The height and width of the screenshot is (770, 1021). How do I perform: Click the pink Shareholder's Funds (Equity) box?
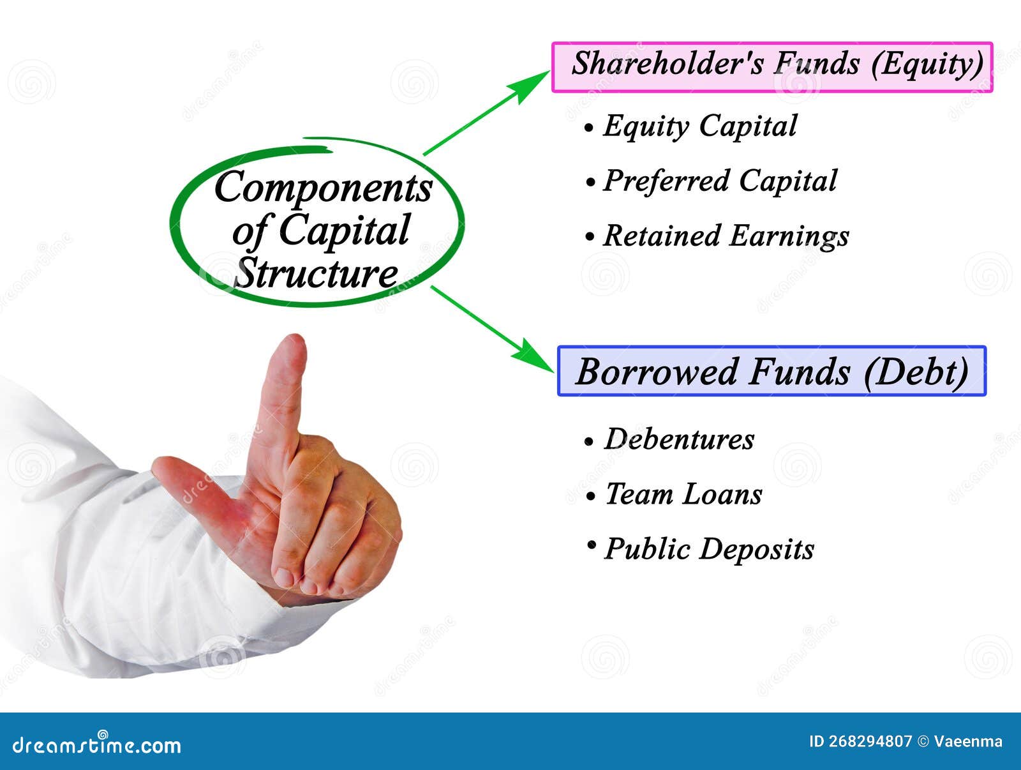pos(772,68)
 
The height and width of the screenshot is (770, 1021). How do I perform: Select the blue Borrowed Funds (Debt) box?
pos(771,371)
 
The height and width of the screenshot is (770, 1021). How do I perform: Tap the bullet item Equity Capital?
pos(690,126)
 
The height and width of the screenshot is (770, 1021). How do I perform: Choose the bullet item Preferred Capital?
pos(712,181)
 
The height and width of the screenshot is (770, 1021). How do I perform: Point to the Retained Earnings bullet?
pos(717,236)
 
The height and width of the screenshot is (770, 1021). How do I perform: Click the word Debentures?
pos(679,439)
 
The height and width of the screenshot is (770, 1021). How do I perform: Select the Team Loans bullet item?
pos(674,494)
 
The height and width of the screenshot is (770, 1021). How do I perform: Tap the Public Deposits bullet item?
pos(701,549)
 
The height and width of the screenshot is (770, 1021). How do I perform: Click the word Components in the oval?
pos(324,188)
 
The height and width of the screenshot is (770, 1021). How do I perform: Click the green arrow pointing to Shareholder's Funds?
pos(486,112)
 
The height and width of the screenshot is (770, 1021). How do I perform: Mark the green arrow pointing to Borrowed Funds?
pos(492,329)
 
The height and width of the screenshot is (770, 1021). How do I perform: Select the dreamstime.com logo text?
pos(96,745)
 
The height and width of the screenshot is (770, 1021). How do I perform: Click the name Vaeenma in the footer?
pos(968,741)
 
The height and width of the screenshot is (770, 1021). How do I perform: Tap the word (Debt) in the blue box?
pos(916,372)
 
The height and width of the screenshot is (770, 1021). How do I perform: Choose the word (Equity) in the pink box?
pos(927,64)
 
